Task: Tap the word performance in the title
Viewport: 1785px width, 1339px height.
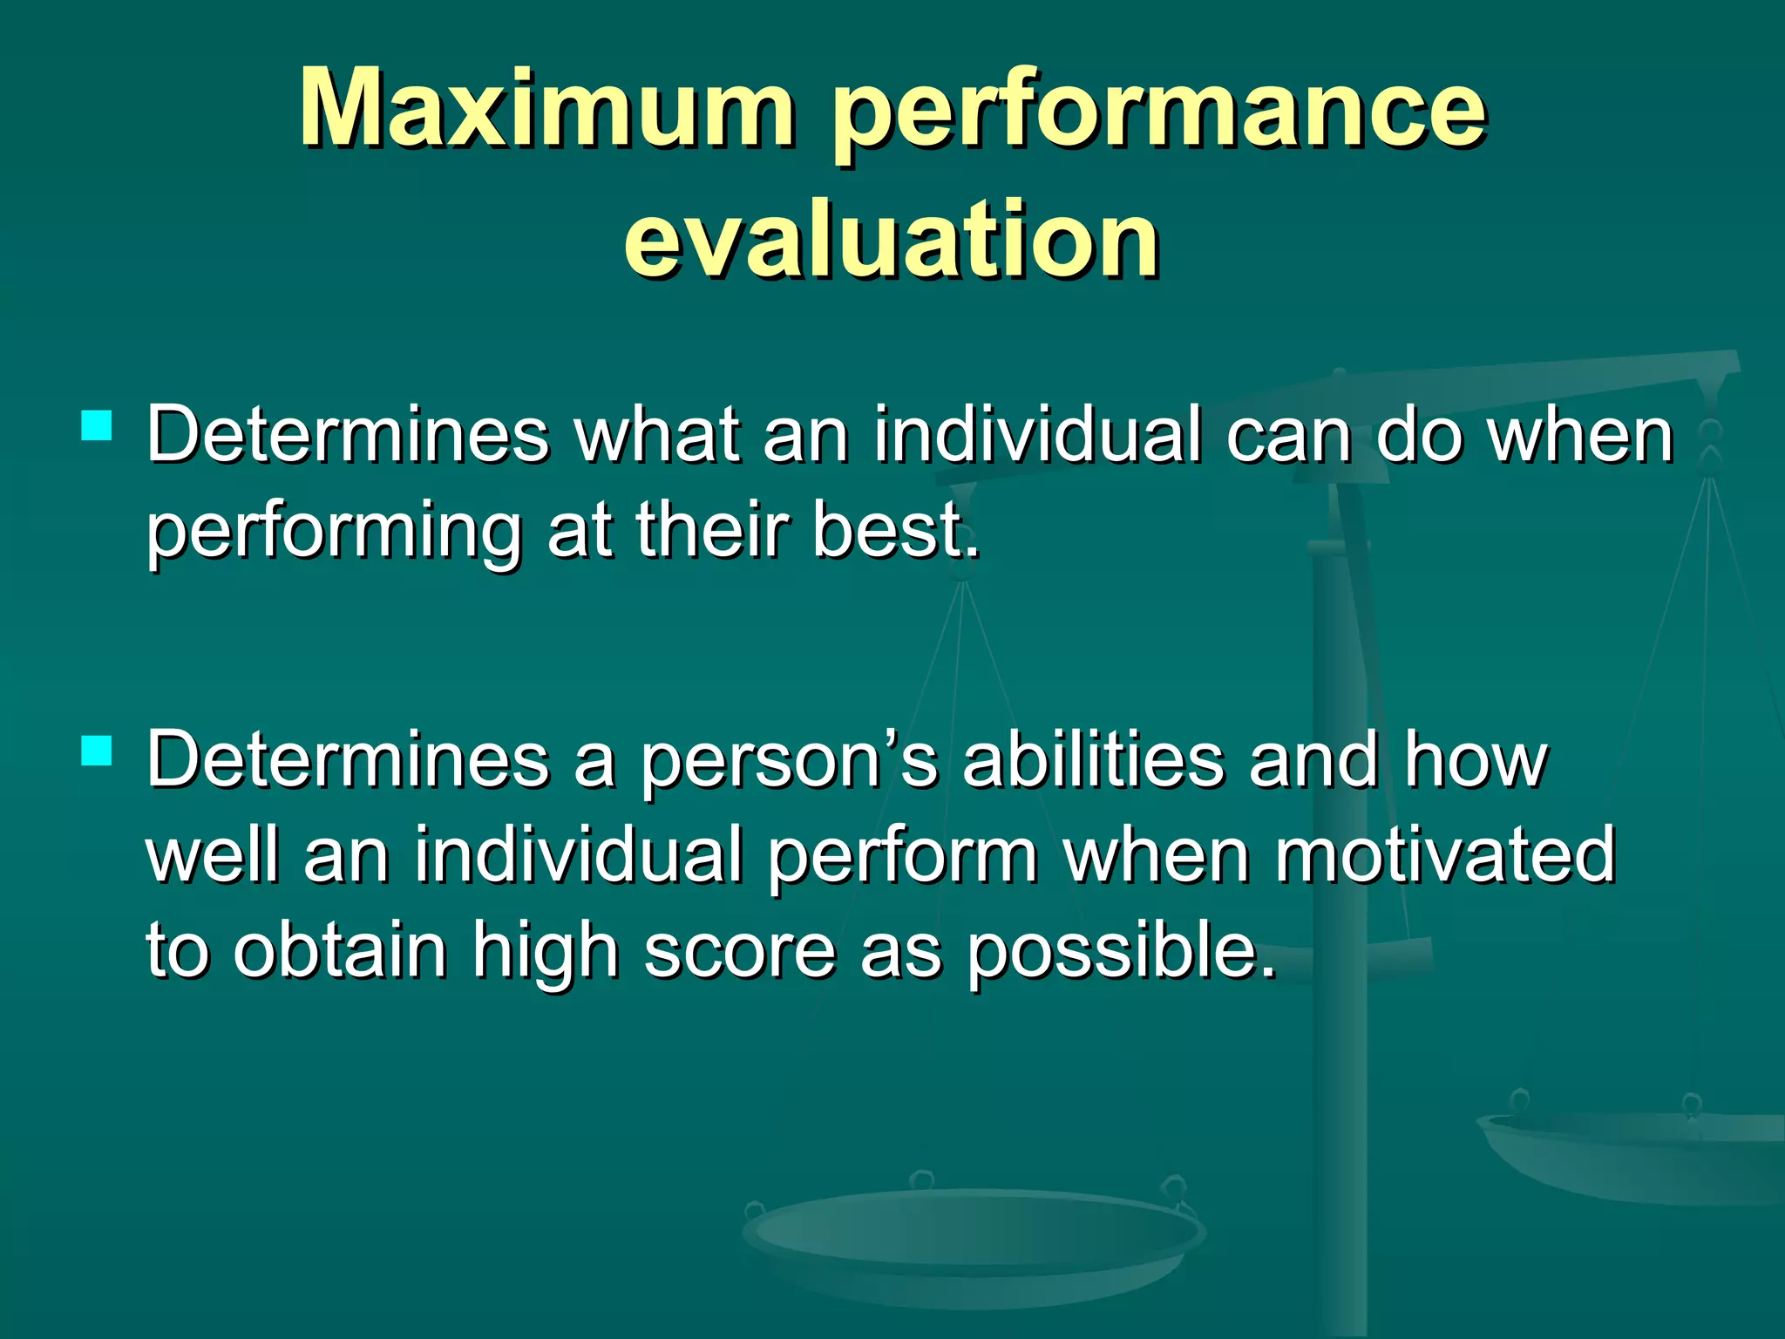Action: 1159,113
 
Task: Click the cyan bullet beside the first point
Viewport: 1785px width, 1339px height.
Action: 97,426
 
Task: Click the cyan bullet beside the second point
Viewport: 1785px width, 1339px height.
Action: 97,751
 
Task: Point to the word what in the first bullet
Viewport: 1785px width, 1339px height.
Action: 658,435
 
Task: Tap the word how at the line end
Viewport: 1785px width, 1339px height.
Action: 1475,759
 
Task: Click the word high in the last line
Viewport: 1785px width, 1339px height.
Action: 545,951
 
